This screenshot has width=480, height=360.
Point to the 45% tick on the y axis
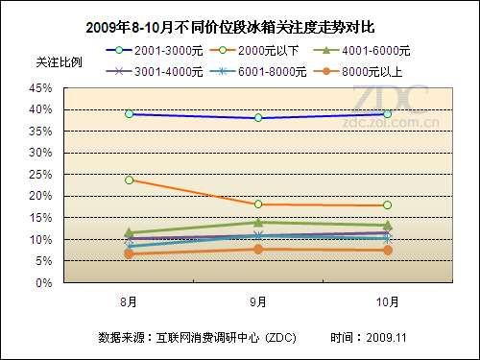click(40, 87)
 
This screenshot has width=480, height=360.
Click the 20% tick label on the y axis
click(40, 196)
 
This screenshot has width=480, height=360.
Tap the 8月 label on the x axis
click(128, 301)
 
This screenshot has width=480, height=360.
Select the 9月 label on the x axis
click(257, 301)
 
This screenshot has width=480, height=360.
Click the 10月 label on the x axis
click(387, 301)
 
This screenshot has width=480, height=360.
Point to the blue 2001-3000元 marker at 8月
click(129, 113)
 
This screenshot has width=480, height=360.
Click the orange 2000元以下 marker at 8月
click(129, 180)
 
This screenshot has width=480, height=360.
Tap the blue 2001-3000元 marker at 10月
click(387, 113)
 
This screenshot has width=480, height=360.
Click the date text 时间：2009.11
click(369, 337)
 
